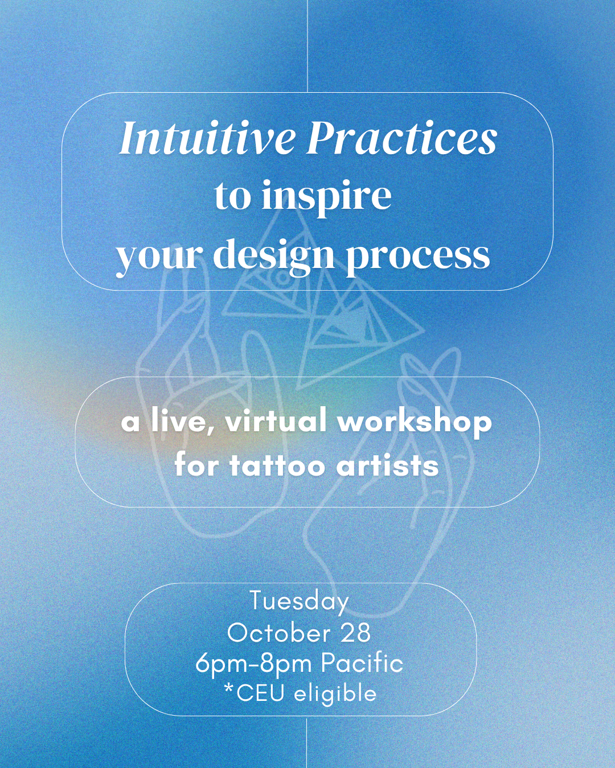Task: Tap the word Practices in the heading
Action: [403, 138]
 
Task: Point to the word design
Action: [273, 255]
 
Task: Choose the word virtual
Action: [276, 422]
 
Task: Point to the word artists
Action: [387, 465]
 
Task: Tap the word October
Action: [279, 633]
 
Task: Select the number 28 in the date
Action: [356, 633]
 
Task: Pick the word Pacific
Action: [362, 663]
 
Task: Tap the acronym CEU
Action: [260, 693]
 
